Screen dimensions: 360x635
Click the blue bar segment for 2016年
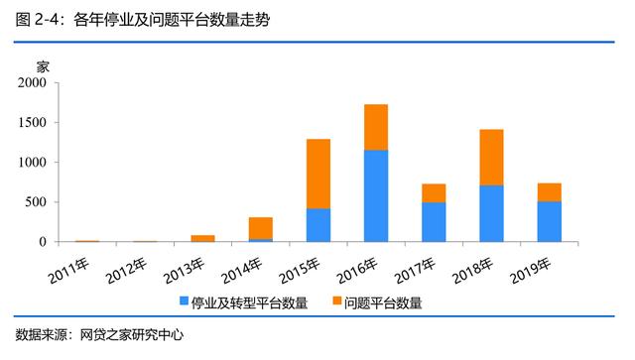point(376,195)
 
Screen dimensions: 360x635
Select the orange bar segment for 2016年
point(376,127)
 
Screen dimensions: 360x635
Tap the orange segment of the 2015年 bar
point(318,174)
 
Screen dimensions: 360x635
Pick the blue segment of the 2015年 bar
point(318,225)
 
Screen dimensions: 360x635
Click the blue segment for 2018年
point(491,213)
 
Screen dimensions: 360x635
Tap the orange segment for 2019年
point(549,191)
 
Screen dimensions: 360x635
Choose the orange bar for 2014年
point(261,228)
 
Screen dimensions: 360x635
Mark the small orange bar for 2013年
point(203,238)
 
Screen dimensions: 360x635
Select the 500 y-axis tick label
point(36,202)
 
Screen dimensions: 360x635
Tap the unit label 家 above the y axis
point(42,66)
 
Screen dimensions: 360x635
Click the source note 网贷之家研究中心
point(132,335)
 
